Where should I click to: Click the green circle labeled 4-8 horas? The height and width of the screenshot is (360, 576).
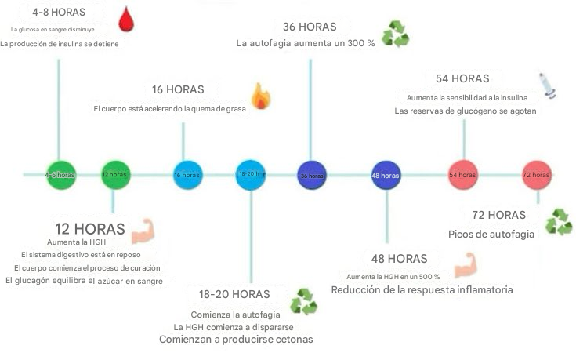click(60, 174)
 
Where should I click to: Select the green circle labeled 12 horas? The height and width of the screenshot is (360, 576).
click(114, 174)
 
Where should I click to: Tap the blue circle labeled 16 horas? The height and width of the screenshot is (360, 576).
click(187, 174)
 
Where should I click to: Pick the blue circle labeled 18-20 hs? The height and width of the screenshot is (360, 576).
click(251, 174)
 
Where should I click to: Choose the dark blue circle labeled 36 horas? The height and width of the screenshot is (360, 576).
click(312, 175)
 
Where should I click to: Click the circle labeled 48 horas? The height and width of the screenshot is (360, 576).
click(386, 175)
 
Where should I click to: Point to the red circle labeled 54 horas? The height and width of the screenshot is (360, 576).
click(462, 174)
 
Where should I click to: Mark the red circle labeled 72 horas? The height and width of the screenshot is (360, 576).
click(537, 174)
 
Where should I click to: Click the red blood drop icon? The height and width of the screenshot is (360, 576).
click(125, 19)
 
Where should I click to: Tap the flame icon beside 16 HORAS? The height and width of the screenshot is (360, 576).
click(259, 96)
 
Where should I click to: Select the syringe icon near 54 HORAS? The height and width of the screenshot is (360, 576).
click(547, 84)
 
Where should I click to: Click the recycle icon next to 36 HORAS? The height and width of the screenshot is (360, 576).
click(395, 33)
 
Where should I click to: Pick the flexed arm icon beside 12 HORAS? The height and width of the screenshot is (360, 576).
click(143, 231)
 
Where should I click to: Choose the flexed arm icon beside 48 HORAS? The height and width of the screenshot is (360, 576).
click(465, 265)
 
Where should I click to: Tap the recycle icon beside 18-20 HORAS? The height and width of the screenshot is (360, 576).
click(303, 301)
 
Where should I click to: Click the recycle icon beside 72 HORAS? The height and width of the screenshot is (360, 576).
click(559, 221)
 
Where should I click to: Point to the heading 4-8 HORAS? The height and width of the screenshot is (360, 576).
click(57, 13)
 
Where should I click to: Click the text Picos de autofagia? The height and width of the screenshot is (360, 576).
click(491, 234)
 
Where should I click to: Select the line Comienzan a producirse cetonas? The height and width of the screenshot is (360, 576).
click(236, 340)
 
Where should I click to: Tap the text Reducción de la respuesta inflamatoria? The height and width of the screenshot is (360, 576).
click(422, 289)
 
